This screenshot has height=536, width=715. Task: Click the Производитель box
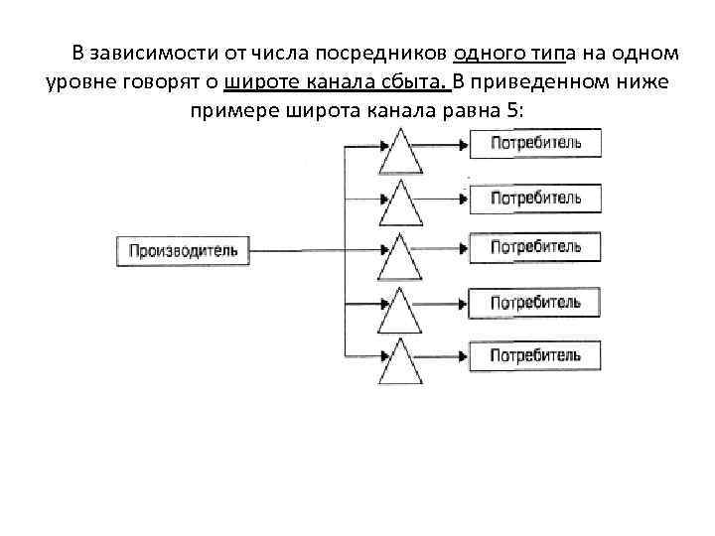coord(184,249)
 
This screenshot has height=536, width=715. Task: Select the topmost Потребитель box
coord(535,143)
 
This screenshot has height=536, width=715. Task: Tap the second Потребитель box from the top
coord(535,197)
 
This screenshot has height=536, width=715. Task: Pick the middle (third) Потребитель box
coord(535,247)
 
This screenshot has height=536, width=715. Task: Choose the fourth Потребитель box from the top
coord(535,302)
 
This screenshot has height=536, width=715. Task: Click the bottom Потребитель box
coord(535,354)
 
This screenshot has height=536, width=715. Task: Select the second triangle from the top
coord(402,203)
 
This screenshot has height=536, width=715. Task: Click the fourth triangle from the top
coord(402,310)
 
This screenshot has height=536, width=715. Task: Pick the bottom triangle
coord(402,362)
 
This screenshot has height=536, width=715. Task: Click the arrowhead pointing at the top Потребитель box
coord(463,145)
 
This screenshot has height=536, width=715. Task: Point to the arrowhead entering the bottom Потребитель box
coord(463,354)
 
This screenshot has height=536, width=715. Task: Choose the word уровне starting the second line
coord(80,80)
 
